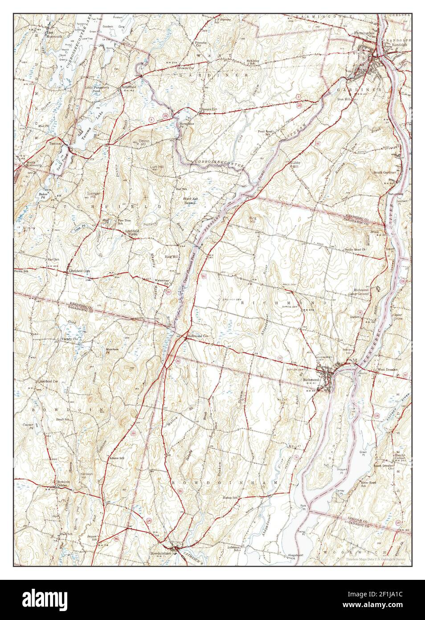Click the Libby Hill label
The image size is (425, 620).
click(x=296, y=164)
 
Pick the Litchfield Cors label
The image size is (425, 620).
click(x=79, y=271)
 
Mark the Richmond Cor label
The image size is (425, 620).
click(x=198, y=335)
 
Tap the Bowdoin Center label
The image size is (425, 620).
click(x=61, y=483)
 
